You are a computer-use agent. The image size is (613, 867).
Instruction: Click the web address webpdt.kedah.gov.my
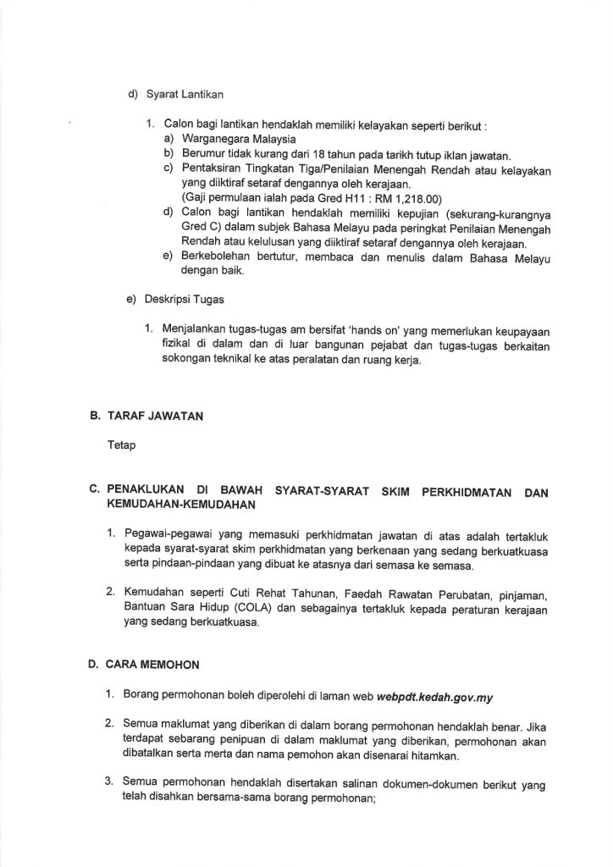[x=440, y=697]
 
